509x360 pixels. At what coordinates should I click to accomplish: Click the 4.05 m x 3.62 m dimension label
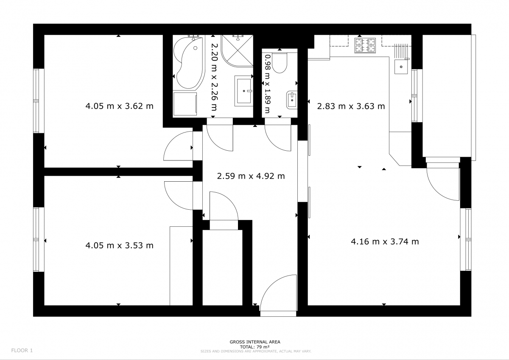119,106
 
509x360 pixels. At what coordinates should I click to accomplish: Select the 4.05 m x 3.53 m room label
119,245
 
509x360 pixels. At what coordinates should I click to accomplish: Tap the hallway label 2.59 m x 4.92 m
251,176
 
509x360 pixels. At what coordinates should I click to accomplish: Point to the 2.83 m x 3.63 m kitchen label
351,106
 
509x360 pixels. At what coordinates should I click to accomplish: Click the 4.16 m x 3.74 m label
385,242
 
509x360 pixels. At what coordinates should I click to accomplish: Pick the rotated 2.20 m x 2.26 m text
214,77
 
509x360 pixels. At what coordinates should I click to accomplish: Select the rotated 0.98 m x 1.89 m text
268,84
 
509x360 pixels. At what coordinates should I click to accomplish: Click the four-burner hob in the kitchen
365,45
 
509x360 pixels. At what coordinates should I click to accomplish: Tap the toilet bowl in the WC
280,63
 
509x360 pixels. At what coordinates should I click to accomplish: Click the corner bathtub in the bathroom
189,63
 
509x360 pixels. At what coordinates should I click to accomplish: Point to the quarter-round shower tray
237,51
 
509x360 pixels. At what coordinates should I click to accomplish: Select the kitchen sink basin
401,66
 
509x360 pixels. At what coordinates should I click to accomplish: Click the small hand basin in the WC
292,100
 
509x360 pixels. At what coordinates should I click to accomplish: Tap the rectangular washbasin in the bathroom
244,91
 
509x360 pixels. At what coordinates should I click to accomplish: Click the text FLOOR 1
22,351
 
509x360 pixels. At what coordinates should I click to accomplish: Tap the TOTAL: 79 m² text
255,347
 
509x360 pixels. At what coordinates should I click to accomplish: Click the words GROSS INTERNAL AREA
255,342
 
